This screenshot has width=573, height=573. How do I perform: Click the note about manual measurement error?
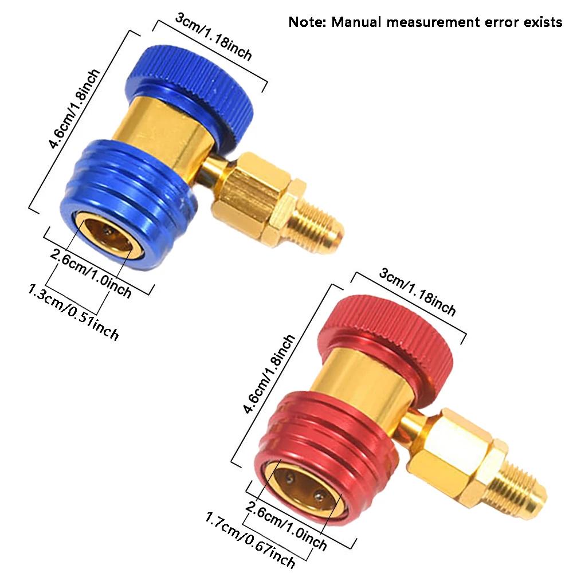[x=425, y=22]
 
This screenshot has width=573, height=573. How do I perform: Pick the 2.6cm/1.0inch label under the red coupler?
[x=286, y=524]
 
